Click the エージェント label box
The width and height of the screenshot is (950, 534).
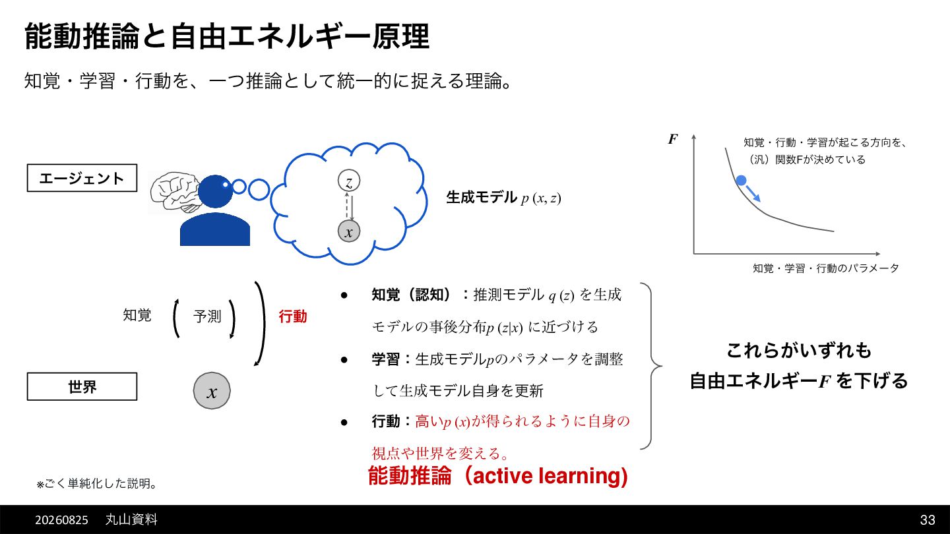pyautogui.click(x=82, y=178)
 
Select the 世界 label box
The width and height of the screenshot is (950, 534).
pyautogui.click(x=82, y=386)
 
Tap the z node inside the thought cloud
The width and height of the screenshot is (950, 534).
pyautogui.click(x=348, y=181)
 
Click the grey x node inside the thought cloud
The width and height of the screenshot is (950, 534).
pyautogui.click(x=348, y=231)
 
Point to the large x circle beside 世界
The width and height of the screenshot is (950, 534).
pyautogui.click(x=212, y=391)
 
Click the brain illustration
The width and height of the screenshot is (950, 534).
pyautogui.click(x=175, y=192)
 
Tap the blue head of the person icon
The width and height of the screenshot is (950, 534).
pyautogui.click(x=216, y=191)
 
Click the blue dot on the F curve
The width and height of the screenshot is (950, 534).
pyautogui.click(x=741, y=181)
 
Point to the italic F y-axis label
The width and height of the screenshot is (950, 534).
pyautogui.click(x=673, y=139)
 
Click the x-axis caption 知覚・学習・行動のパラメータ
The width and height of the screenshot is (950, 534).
pyautogui.click(x=826, y=268)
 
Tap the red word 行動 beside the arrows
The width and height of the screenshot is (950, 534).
pyautogui.click(x=293, y=316)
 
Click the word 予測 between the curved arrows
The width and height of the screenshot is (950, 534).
pyautogui.click(x=207, y=316)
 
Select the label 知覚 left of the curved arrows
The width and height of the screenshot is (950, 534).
pyautogui.click(x=137, y=315)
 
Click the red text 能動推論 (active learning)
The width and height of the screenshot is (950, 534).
pyautogui.click(x=498, y=475)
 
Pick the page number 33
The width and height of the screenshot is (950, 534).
pyautogui.click(x=928, y=519)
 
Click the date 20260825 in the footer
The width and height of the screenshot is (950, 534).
pyautogui.click(x=61, y=520)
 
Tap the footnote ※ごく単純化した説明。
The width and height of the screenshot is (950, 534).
pyautogui.click(x=97, y=484)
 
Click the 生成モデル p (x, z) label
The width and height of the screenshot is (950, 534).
pyautogui.click(x=503, y=198)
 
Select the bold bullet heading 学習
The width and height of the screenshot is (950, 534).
pyautogui.click(x=385, y=359)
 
